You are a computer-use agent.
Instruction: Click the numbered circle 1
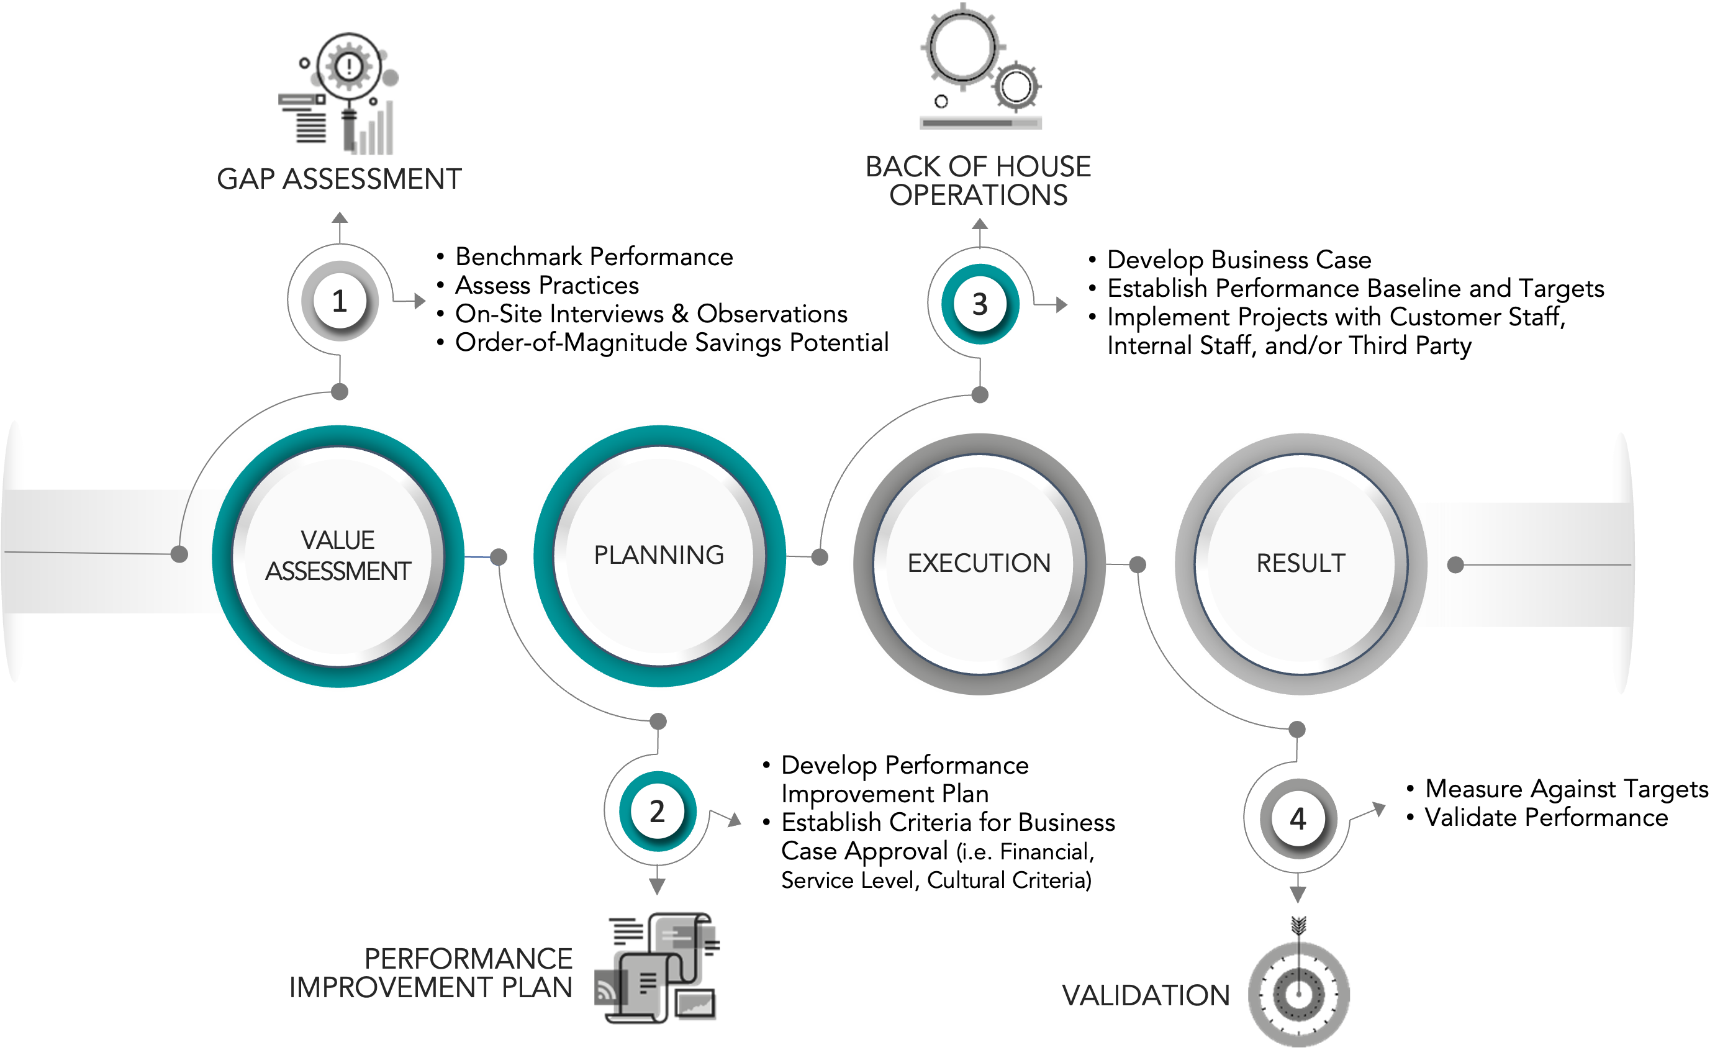(340, 301)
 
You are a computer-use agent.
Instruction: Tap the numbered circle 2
(658, 811)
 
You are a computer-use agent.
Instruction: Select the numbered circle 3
(980, 304)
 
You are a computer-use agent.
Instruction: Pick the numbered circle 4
(1298, 818)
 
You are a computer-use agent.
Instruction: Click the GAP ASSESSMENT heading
(339, 179)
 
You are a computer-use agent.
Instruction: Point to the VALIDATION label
(1146, 995)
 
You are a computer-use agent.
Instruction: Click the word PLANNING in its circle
(659, 555)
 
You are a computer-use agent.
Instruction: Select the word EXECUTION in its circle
(979, 563)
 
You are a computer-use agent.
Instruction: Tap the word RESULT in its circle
(1300, 563)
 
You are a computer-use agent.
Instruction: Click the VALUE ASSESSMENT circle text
(338, 556)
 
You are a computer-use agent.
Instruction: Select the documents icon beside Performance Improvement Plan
(657, 967)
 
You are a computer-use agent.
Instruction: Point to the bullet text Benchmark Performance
(594, 256)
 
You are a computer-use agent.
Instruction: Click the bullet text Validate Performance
(1547, 817)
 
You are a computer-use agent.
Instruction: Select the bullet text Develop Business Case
(1239, 260)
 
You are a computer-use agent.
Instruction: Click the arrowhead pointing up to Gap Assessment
(340, 217)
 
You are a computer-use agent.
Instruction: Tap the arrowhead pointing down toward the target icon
(1298, 894)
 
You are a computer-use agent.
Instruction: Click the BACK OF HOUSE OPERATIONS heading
(979, 181)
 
